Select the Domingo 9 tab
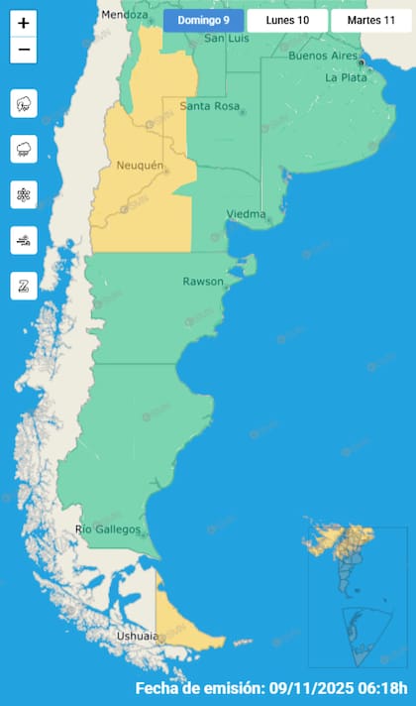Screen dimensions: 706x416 (203, 20)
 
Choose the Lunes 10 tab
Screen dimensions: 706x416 (287, 20)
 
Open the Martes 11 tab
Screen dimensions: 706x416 (370, 20)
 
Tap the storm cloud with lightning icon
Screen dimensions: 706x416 (24, 103)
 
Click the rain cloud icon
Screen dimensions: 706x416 (24, 149)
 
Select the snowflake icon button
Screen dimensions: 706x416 (24, 194)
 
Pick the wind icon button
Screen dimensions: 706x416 (24, 240)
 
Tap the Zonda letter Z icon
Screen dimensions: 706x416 (24, 286)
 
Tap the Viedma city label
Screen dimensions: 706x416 (246, 214)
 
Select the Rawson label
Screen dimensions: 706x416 (203, 282)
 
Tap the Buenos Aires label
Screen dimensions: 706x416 (321, 56)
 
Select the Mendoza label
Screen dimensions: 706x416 (124, 16)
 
